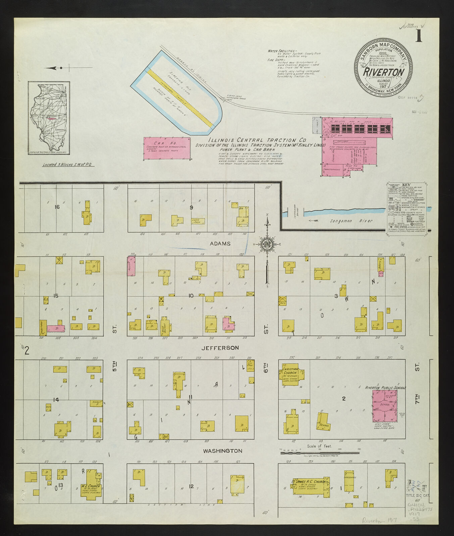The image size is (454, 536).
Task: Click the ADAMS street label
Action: pyautogui.click(x=220, y=244)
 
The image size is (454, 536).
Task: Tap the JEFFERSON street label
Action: pyautogui.click(x=220, y=348)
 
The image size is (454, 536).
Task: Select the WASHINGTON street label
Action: pyautogui.click(x=222, y=451)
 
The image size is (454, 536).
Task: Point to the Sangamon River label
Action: pyautogui.click(x=351, y=221)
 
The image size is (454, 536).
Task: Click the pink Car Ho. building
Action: pyautogui.click(x=167, y=148)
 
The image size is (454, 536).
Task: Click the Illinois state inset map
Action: pyautogui.click(x=49, y=118)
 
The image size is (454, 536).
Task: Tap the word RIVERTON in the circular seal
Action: pyautogui.click(x=384, y=72)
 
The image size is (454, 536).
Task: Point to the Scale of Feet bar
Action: pyautogui.click(x=320, y=453)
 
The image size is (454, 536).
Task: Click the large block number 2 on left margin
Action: pyautogui.click(x=27, y=350)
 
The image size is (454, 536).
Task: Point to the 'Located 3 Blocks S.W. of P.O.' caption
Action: pyautogui.click(x=68, y=165)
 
